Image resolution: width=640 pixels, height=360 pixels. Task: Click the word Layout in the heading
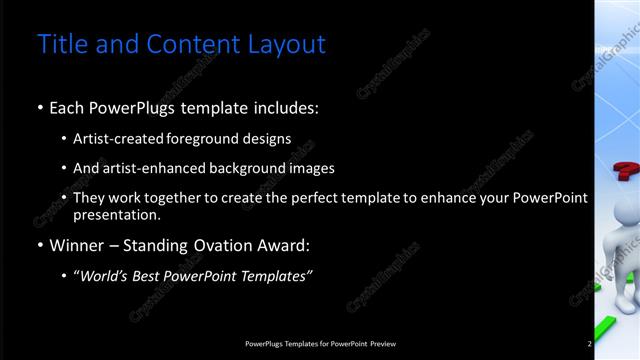point(290,45)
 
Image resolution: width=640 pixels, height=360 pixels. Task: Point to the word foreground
point(210,139)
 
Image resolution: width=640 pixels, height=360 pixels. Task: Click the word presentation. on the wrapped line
point(116,215)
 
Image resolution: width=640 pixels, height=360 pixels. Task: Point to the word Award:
point(282,245)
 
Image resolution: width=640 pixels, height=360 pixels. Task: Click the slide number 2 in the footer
point(590,344)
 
